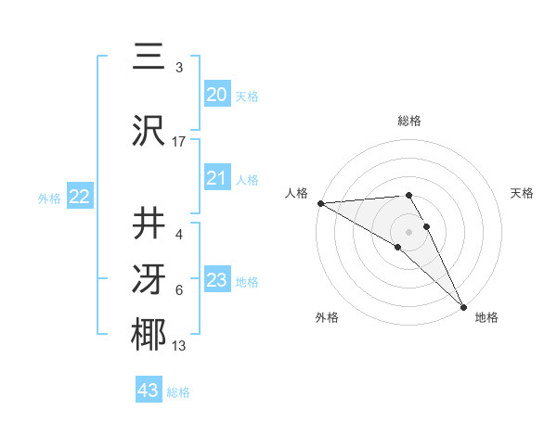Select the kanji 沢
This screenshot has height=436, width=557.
coord(149,131)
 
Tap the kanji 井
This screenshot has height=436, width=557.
coord(149,224)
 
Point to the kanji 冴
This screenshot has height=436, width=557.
coord(149,279)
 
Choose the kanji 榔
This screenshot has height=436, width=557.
coord(149,335)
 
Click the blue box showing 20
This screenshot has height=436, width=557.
coord(216,95)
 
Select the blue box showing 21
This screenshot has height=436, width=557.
coord(216,178)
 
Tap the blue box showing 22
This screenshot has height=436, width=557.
coord(79,197)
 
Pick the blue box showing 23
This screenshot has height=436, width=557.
coord(216,280)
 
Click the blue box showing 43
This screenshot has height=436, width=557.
coord(148,391)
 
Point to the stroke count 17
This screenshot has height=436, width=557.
coord(179,141)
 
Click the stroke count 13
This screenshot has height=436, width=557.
coord(179,346)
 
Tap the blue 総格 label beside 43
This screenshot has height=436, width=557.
coord(178,392)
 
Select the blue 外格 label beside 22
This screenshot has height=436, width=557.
coord(49,198)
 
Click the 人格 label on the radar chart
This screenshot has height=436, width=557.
coord(296,193)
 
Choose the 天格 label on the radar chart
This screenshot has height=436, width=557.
coord(523,193)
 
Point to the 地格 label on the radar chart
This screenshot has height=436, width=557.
coord(486,317)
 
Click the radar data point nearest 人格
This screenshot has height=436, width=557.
coord(320,203)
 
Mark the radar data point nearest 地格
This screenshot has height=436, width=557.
coord(462,306)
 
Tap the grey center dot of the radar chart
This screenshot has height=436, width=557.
coord(408,231)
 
